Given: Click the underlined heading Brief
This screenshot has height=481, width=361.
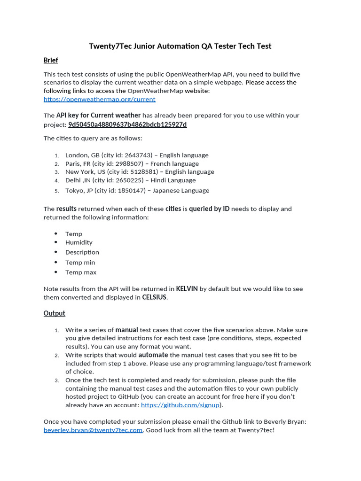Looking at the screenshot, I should [x=51, y=60].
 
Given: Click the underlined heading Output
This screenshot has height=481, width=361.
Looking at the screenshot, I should [x=54, y=313].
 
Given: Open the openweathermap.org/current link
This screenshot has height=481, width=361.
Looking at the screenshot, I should [x=99, y=99].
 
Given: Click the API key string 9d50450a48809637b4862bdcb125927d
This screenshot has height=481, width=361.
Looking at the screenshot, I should [x=127, y=124].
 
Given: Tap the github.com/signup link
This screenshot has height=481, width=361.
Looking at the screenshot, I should [x=180, y=405].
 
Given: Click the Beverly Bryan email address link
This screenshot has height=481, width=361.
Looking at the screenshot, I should [x=93, y=430].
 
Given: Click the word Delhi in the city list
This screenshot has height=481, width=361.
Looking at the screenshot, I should [x=73, y=180].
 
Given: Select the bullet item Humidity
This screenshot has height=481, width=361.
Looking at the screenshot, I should [x=78, y=242].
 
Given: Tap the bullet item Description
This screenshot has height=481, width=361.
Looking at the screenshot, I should [x=82, y=252].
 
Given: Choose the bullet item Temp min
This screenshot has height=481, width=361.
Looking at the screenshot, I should [x=80, y=263].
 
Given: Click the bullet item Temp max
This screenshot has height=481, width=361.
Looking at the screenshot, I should [x=80, y=272].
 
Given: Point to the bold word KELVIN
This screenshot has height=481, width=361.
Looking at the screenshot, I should [x=187, y=289].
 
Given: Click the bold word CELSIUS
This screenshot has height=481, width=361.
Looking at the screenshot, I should [x=154, y=297].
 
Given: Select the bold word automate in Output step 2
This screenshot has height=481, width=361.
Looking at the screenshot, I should [x=153, y=355].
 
